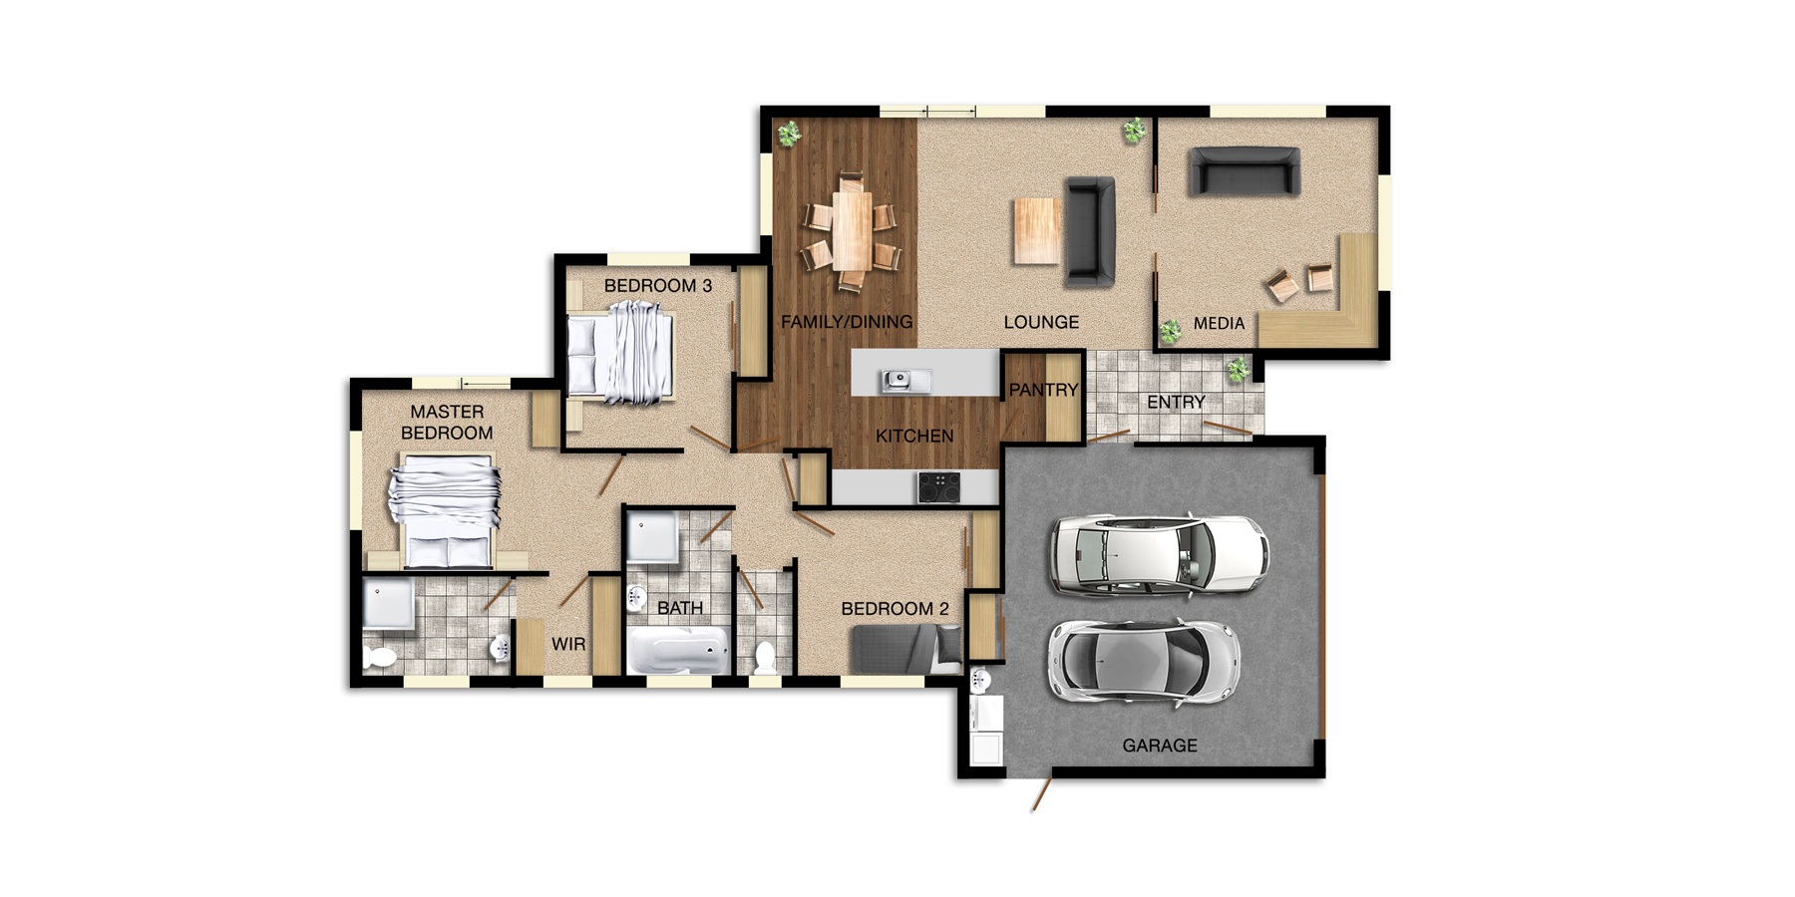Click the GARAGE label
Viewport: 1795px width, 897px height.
click(1159, 746)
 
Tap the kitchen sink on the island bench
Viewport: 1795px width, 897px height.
click(904, 380)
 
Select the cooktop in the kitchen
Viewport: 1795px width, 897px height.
click(939, 487)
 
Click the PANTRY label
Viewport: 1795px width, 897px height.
click(1043, 390)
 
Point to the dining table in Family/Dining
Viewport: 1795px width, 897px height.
click(853, 230)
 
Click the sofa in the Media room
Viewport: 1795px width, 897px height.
click(1244, 171)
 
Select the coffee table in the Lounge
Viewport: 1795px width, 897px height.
click(1036, 230)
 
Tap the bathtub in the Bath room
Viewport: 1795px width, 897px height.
click(677, 653)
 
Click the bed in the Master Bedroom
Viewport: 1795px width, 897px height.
click(445, 510)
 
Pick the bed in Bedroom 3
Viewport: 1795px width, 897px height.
click(620, 355)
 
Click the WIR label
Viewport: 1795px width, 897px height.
click(568, 644)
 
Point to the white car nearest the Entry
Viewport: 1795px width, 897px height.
click(1160, 555)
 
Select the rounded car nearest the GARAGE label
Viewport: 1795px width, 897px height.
click(1144, 663)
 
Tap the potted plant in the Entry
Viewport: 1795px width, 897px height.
click(1238, 370)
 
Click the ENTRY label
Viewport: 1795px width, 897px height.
click(1176, 403)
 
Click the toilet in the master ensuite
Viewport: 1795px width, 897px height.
click(380, 657)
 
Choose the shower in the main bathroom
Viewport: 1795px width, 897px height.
click(652, 538)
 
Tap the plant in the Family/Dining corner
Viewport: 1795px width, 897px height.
click(789, 133)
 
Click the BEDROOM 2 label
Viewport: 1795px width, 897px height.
click(895, 609)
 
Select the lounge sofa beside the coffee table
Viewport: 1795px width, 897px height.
click(1090, 230)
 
